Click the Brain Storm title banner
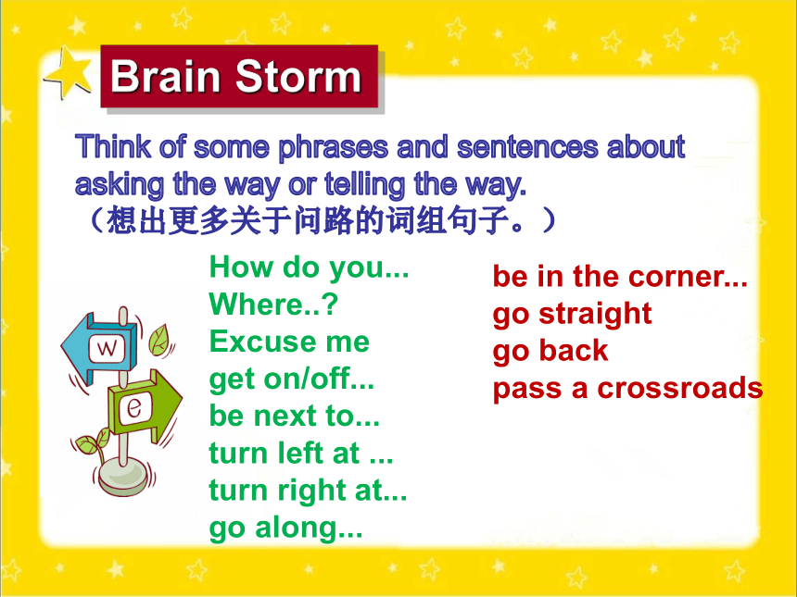click(x=239, y=76)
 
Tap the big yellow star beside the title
click(x=69, y=73)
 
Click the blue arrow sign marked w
click(x=100, y=348)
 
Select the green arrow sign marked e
click(x=145, y=404)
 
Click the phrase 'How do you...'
click(x=309, y=267)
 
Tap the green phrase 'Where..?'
click(x=273, y=305)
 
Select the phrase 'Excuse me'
click(x=289, y=342)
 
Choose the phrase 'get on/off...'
click(x=292, y=379)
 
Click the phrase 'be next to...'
click(x=295, y=416)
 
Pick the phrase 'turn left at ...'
click(x=301, y=453)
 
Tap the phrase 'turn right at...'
click(x=308, y=491)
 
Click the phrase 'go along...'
click(x=286, y=528)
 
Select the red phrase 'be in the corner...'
click(x=620, y=277)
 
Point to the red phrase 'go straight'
click(x=573, y=315)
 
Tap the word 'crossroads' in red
click(x=680, y=389)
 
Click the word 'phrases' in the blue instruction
click(x=333, y=147)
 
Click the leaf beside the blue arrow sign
click(x=159, y=339)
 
